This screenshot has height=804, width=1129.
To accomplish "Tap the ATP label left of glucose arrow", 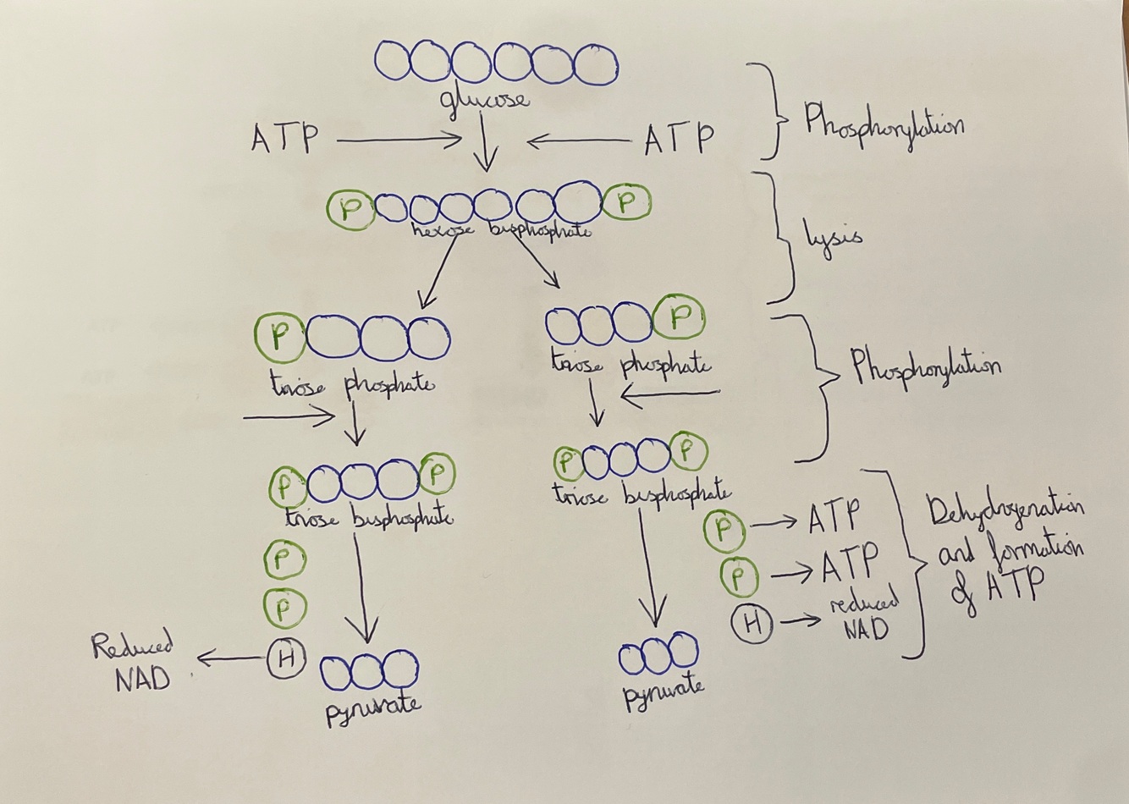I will (284, 138).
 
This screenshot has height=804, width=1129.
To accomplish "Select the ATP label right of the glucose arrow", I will (678, 138).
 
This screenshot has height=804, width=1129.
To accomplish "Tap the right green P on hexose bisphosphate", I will (627, 202).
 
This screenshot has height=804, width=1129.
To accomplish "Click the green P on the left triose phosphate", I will (280, 337).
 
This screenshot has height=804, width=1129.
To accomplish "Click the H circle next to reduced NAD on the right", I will (752, 625).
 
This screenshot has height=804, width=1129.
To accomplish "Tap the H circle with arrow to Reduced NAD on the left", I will (285, 658).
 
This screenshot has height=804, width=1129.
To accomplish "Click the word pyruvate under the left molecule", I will (373, 705).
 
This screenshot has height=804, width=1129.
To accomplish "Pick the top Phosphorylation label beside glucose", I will (884, 124).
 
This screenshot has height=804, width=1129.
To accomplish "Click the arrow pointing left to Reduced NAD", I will (229, 657).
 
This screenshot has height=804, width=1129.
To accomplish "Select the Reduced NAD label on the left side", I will (135, 663).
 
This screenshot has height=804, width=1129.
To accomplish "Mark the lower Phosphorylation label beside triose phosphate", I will (926, 366).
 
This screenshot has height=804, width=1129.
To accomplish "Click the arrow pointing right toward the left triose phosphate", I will (291, 416).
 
